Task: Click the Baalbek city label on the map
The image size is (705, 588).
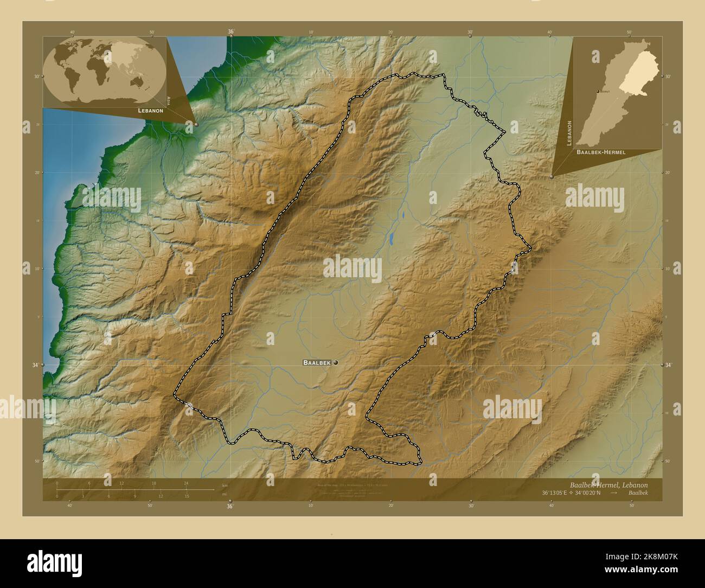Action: (x=317, y=362)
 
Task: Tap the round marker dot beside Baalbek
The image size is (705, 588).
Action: (x=336, y=362)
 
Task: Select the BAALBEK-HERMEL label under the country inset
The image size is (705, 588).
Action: (x=601, y=152)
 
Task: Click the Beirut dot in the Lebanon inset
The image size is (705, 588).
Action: (x=598, y=92)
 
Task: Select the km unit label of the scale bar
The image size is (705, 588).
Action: (x=225, y=485)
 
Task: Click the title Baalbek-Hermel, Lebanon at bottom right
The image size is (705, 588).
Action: (x=608, y=484)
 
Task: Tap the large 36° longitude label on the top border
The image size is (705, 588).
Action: (x=230, y=32)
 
